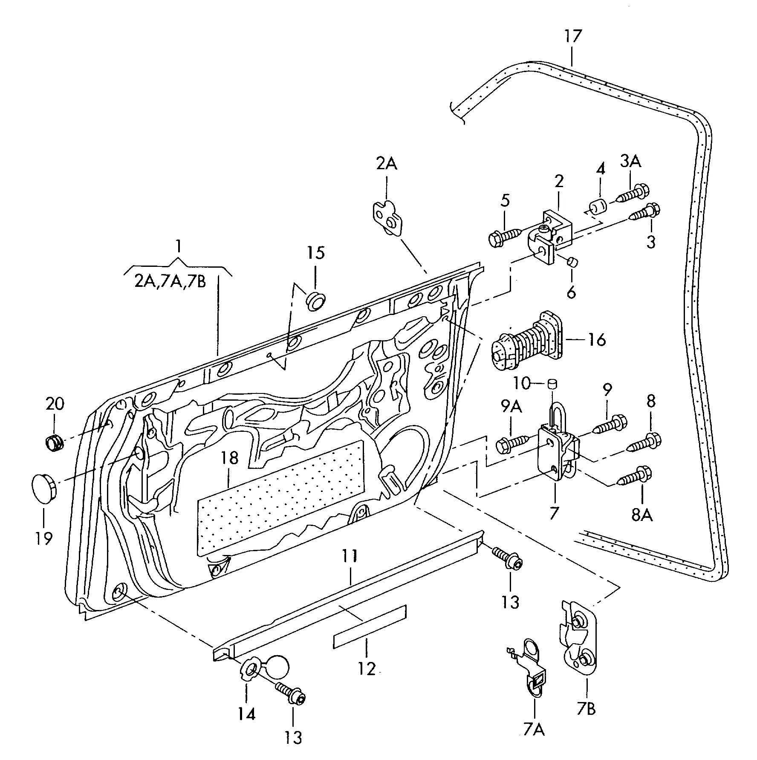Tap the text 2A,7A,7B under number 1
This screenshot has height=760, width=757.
coord(170,282)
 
